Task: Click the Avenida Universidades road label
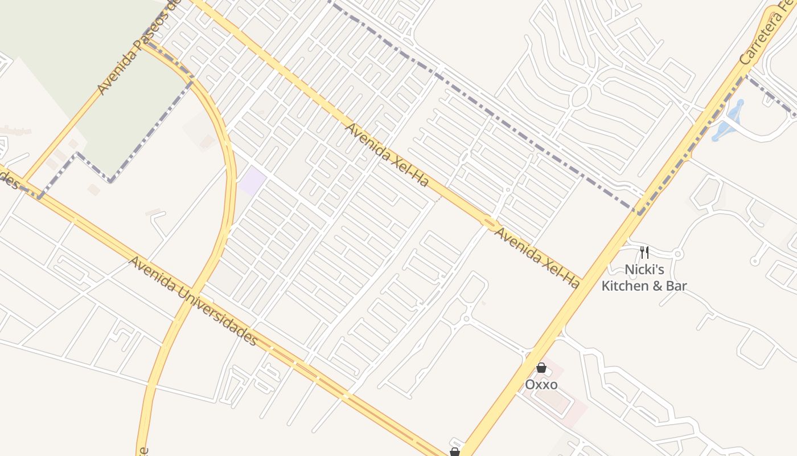coord(194,301)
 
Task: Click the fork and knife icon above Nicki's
coord(644,253)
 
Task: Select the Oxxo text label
coord(541,384)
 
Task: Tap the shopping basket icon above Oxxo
coord(541,368)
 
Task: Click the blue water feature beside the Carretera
coord(729,123)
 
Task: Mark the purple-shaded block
coord(252,181)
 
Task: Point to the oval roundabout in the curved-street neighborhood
coord(578,97)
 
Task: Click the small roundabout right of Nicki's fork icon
coord(677,254)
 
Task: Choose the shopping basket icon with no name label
coord(454,452)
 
